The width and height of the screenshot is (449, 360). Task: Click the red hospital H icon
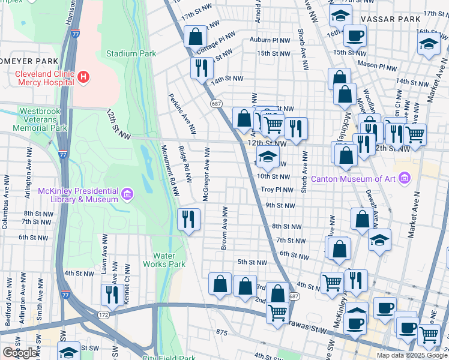point(84,77)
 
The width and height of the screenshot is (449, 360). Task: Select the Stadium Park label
point(131,53)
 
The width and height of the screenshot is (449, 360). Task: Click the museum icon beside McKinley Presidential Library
point(127,194)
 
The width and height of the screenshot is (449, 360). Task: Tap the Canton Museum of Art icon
point(405,178)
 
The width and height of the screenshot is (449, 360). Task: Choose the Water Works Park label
point(164,259)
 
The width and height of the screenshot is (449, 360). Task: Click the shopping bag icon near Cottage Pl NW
point(195,37)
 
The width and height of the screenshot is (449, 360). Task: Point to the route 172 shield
point(103,314)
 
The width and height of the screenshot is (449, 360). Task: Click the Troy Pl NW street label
point(276,190)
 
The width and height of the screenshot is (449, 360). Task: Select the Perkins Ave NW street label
point(182,113)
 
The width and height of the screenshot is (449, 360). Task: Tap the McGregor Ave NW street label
point(206,174)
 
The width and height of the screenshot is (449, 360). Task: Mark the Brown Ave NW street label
point(224,228)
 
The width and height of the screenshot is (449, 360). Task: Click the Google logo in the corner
point(20,353)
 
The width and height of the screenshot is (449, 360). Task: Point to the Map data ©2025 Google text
point(412,355)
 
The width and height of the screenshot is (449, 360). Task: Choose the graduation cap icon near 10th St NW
point(268,158)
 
